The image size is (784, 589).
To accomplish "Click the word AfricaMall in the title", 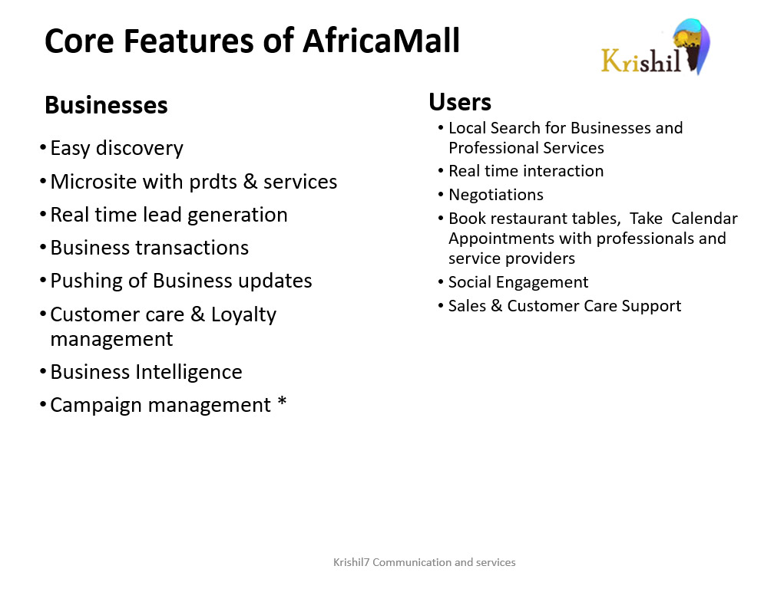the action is pos(381,41).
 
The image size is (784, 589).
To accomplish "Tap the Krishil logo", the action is pos(656,47).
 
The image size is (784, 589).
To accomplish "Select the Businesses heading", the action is pos(106,105).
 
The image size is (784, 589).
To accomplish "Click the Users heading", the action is pos(460,102).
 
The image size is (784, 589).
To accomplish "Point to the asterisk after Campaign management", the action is pos(282,401).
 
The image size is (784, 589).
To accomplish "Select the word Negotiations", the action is pos(495,195).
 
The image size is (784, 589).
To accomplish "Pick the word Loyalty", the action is pos(243,315).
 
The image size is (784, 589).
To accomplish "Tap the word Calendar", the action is pos(704,219).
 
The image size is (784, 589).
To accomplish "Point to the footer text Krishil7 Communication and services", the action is pos(425,562).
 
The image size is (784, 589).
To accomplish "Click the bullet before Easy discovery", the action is pos(43,148).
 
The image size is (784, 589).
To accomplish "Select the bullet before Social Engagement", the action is pos(441,282).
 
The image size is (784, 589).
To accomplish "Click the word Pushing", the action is pos(87,281).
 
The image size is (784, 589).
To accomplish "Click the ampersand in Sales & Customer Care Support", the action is pos(497,306).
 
